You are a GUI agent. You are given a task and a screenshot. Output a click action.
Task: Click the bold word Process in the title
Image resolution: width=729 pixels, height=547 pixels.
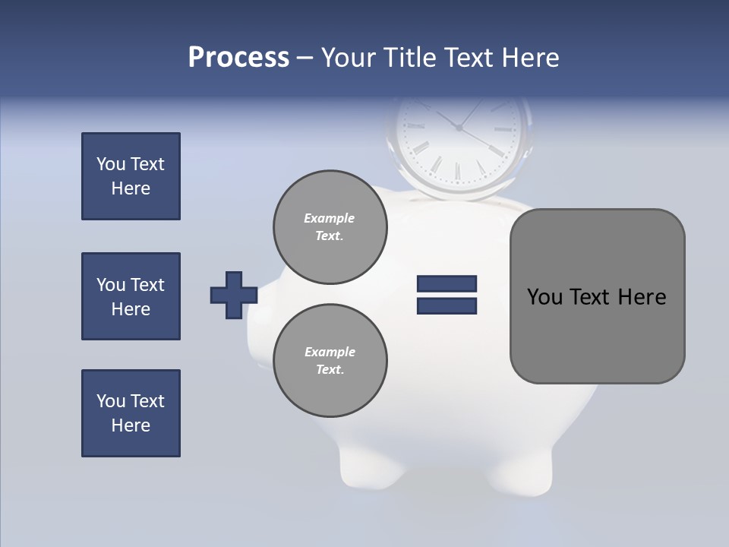pos(238,58)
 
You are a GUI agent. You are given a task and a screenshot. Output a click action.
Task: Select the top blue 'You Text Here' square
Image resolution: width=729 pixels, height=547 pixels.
pos(131,176)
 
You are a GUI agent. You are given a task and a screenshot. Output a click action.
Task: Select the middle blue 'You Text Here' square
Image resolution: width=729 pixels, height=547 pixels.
pos(131,296)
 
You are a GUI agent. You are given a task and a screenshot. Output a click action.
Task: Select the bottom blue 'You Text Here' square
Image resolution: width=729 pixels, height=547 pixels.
pos(131,413)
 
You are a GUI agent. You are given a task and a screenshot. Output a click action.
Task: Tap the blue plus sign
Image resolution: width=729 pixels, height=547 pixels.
pos(233,295)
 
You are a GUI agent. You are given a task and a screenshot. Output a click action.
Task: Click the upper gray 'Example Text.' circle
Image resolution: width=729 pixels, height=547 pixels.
pos(330,226)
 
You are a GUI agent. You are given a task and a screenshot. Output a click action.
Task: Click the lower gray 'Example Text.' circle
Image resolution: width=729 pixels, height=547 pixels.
pos(330,360)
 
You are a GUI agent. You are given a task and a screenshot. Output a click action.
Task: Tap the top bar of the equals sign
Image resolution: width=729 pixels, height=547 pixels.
pos(447,283)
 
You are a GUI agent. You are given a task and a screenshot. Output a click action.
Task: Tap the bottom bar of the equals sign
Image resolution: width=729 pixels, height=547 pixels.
pos(447,306)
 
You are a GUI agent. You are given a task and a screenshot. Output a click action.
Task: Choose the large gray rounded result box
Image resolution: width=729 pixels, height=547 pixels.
pos(597,334)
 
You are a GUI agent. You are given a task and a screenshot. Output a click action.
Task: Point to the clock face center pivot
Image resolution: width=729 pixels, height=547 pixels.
pos(459,128)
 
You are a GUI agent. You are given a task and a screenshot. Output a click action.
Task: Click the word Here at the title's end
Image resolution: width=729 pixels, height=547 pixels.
pos(529,58)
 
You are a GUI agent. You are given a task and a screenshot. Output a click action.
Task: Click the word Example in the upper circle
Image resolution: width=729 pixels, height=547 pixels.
pos(330,218)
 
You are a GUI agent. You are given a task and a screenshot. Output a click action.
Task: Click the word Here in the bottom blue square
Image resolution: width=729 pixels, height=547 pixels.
pos(131,425)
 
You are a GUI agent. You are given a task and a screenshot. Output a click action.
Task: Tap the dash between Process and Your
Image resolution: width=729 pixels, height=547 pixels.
pos(305,58)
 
